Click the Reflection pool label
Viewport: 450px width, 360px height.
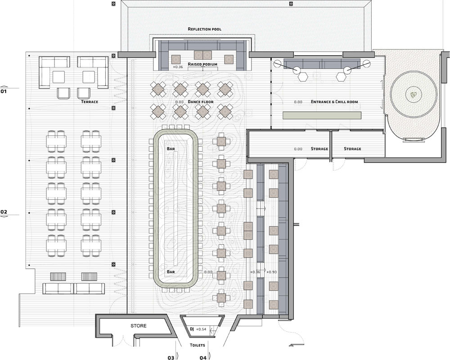[x=204, y=29]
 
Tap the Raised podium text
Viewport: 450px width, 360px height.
[x=202, y=64]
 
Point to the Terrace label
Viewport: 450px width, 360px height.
[x=90, y=102]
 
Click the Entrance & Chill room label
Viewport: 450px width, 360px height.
[x=334, y=102]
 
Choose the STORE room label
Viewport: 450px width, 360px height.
[x=139, y=326]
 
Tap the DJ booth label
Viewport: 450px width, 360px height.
[x=192, y=329]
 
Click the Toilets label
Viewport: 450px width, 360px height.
[x=197, y=345]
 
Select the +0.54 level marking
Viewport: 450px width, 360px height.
[x=201, y=329]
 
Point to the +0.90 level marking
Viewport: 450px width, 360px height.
[x=271, y=272]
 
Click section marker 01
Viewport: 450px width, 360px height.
[x=4, y=92]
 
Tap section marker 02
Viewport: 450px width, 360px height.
[x=4, y=212]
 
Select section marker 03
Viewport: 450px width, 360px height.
[x=171, y=358]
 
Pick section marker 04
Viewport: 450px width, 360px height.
[x=203, y=358]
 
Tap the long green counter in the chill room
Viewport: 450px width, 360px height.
[x=322, y=115]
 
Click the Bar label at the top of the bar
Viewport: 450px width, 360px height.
[x=171, y=148]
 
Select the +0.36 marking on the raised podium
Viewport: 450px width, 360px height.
[x=178, y=67]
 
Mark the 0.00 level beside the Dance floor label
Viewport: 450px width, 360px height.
[x=179, y=102]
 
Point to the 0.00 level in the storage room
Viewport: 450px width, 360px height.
[x=298, y=149]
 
